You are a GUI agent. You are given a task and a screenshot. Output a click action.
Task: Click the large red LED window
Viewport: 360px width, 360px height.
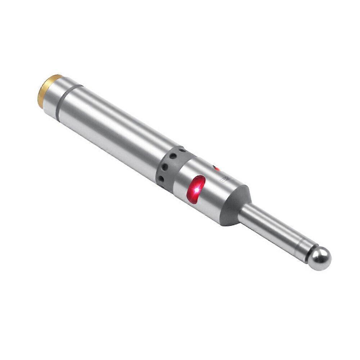tap(196, 189)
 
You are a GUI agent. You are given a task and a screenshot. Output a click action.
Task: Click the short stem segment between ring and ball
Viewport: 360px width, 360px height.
tap(303, 249)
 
